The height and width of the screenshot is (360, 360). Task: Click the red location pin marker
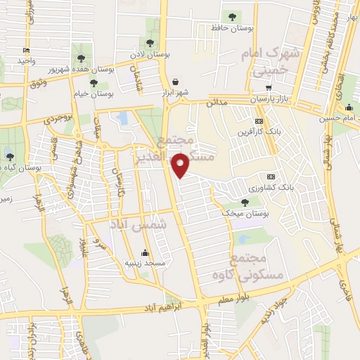[182, 165]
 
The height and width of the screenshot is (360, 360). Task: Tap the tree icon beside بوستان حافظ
[231, 16]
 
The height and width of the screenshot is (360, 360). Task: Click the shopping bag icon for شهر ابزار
[174, 82]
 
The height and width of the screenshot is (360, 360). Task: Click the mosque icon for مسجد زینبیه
[146, 253]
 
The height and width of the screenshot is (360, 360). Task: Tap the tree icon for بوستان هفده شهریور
[81, 58]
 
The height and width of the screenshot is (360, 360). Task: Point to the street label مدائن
[217, 103]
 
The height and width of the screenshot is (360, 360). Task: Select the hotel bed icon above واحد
[27, 51]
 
